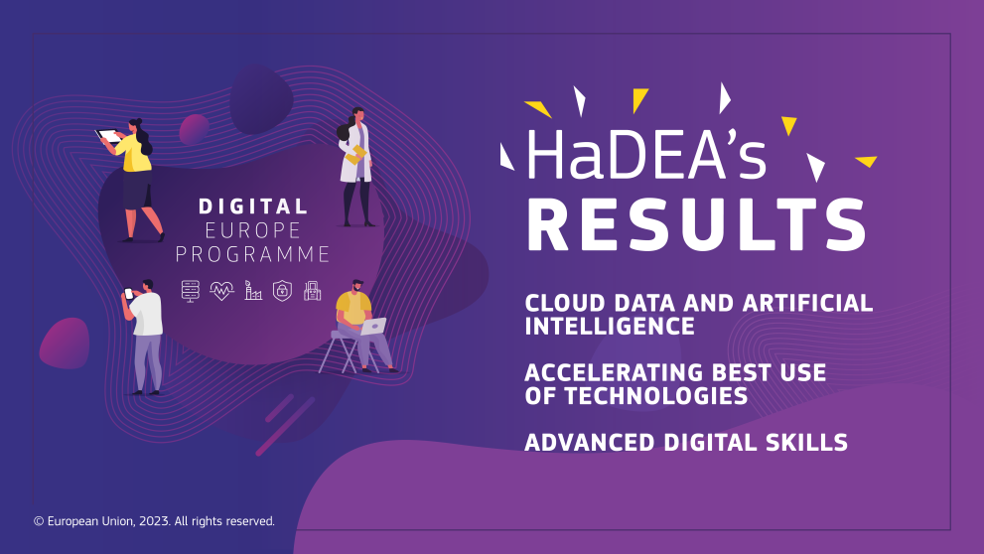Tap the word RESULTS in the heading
click(x=696, y=225)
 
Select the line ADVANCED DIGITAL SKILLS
click(x=686, y=442)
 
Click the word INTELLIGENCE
click(x=610, y=327)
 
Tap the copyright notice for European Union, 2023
click(x=154, y=520)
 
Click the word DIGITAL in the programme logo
click(x=252, y=207)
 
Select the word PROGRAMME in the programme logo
click(x=252, y=255)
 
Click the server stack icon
click(x=191, y=290)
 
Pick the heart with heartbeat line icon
click(x=221, y=291)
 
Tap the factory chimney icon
click(x=253, y=291)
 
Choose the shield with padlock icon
click(x=282, y=291)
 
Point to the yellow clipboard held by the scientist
click(x=355, y=154)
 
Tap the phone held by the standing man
click(x=127, y=293)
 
